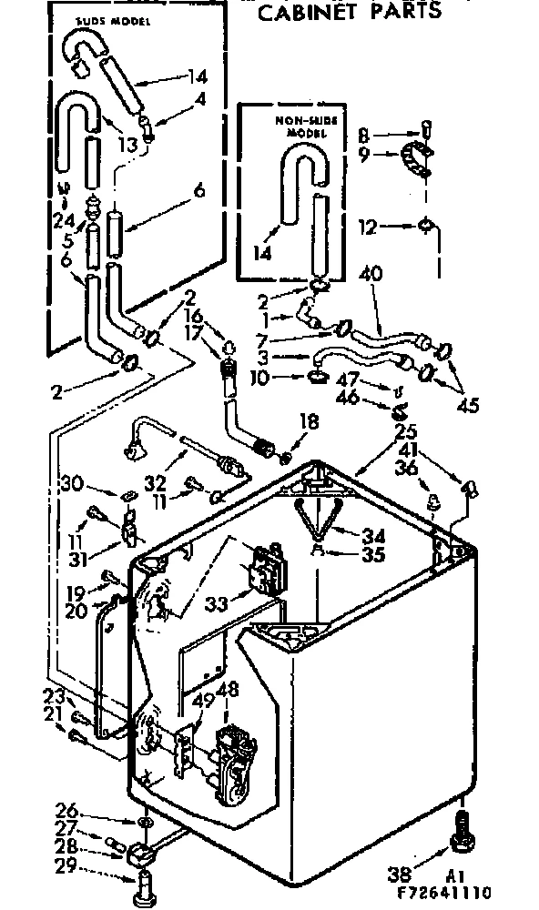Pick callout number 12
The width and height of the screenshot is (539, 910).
point(367,228)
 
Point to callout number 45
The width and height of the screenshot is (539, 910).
point(470,406)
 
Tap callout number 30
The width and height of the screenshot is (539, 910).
point(72,481)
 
